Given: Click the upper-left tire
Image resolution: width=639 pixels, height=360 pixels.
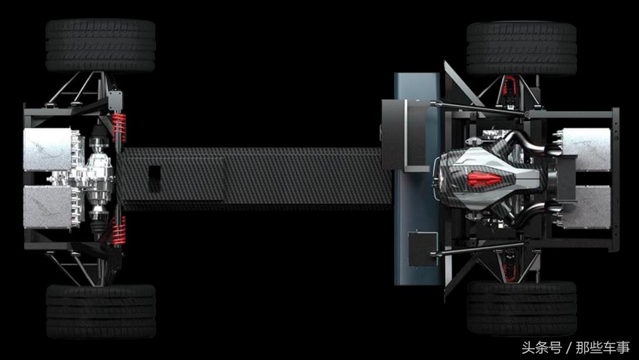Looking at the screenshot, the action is click(x=100, y=45).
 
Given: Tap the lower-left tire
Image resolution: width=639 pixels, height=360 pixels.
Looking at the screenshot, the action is click(x=100, y=311).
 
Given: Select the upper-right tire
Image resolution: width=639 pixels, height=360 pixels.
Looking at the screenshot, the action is click(x=522, y=49).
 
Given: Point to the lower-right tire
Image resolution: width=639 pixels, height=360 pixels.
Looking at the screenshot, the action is click(x=522, y=308).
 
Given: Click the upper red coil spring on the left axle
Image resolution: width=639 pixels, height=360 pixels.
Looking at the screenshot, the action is click(x=119, y=127).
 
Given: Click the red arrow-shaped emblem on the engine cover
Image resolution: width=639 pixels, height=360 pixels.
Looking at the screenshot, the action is click(x=484, y=179).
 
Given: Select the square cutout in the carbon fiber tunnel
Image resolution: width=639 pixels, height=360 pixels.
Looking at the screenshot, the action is click(x=155, y=179).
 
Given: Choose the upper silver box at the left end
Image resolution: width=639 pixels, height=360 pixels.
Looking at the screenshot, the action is click(x=48, y=149).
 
